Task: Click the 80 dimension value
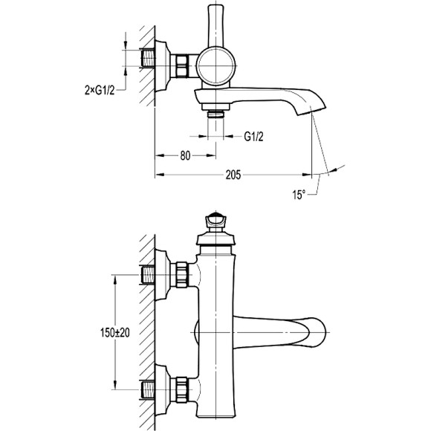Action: click(x=185, y=155)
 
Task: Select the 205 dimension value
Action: click(x=233, y=175)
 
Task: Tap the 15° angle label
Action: click(x=299, y=195)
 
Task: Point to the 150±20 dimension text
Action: click(x=115, y=333)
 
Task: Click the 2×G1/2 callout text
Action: click(x=100, y=90)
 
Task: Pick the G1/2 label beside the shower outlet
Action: click(x=253, y=137)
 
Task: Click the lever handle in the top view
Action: click(x=216, y=25)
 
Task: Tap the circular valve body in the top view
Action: click(x=216, y=66)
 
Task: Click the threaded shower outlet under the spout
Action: click(x=215, y=113)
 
